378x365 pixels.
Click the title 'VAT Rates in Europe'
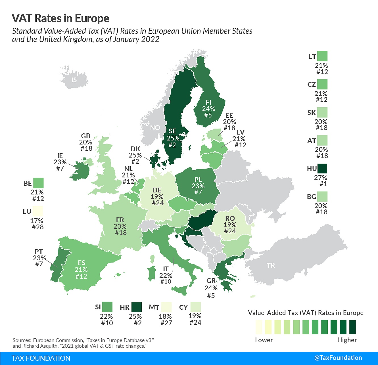[60, 18]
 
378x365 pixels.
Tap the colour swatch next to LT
[322, 56]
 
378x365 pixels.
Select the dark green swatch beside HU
[322, 169]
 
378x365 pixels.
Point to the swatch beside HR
[137, 307]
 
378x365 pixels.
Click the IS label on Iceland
[74, 80]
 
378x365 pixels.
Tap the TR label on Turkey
[271, 265]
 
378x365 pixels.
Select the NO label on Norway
[155, 128]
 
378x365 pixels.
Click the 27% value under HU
[321, 178]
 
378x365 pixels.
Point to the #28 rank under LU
[37, 227]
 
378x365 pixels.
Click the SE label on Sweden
[172, 131]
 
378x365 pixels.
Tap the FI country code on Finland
[208, 102]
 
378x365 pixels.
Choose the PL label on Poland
[198, 180]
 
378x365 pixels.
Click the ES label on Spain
[82, 263]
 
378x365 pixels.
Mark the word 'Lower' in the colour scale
[264, 340]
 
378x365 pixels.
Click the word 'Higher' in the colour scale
[347, 340]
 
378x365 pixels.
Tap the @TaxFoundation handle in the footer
[338, 358]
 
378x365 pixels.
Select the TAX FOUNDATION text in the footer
[41, 358]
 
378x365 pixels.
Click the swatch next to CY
[196, 307]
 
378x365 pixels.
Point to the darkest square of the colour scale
[352, 327]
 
